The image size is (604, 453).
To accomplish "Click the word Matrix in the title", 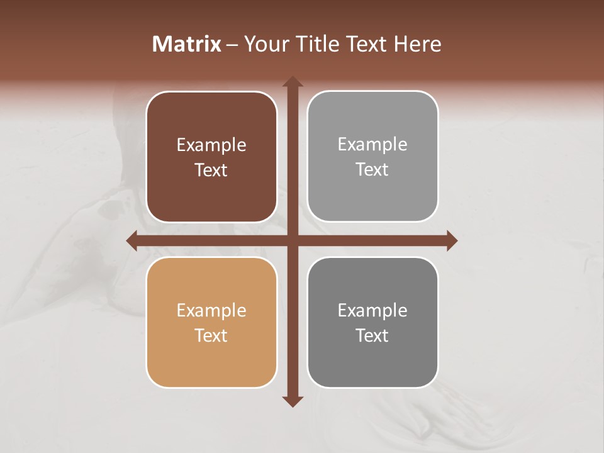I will [187, 44].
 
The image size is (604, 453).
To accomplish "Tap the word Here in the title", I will [418, 44].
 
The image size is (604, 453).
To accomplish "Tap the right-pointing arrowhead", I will [451, 240].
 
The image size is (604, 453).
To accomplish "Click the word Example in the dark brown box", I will [211, 145].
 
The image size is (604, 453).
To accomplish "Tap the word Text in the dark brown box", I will [211, 171].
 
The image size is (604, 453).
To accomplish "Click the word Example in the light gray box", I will [372, 145].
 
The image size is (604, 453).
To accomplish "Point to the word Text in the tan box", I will [211, 336].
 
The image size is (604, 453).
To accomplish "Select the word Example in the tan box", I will [211, 311].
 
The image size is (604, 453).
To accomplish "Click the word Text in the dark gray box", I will [372, 336].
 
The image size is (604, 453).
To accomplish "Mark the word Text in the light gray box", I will [372, 170].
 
